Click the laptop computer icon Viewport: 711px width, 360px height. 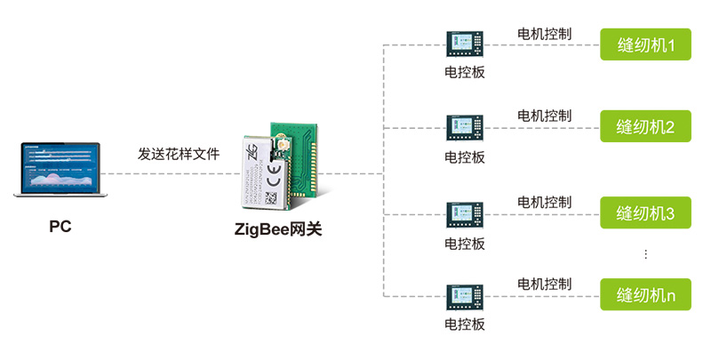[60, 170]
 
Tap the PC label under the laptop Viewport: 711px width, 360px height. [60, 226]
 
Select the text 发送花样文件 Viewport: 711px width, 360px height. [178, 154]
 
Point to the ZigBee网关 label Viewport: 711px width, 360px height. [278, 228]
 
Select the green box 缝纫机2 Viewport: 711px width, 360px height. [645, 127]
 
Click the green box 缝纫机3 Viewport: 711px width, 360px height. [645, 213]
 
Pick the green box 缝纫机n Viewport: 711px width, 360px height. [645, 294]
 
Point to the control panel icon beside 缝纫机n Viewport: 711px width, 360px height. [465, 295]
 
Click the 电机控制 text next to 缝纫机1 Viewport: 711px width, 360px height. [544, 34]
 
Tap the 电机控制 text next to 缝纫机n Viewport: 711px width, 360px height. [544, 284]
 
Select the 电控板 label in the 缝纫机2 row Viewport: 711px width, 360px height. [465, 157]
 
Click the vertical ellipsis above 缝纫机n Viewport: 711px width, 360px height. [645, 255]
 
